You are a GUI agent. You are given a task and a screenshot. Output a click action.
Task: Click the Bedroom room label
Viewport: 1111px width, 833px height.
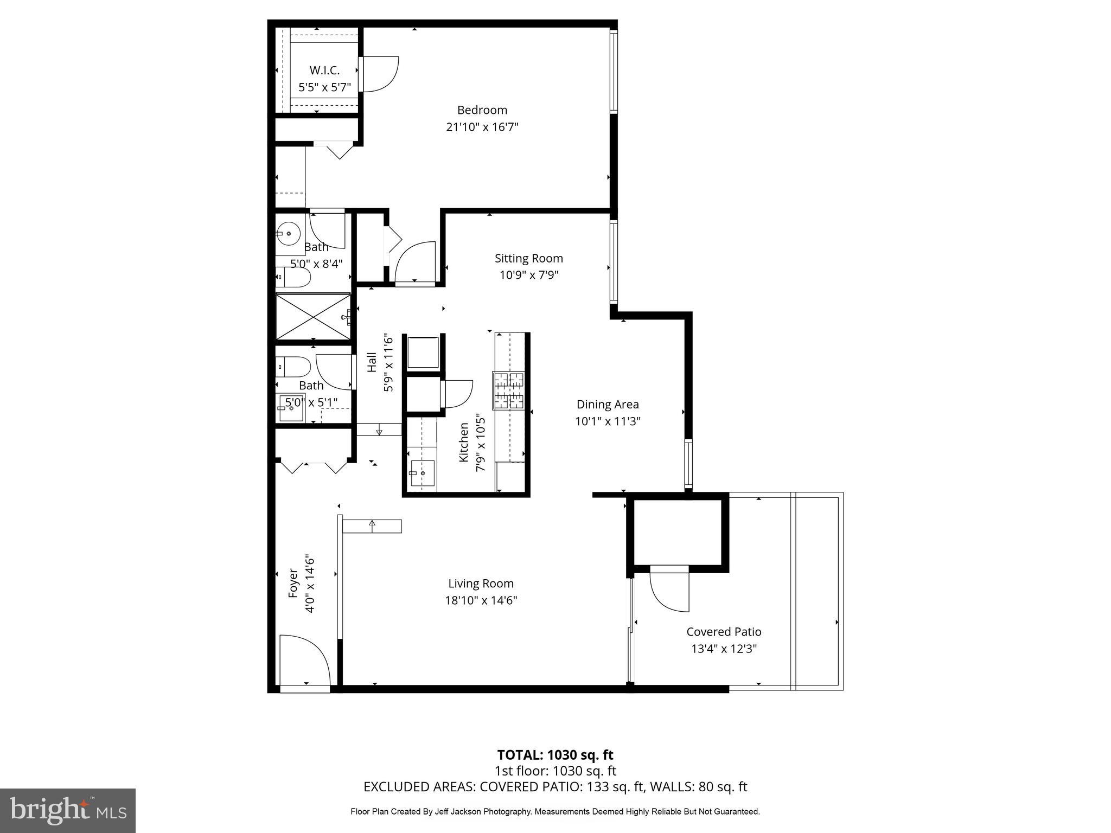pos(482,110)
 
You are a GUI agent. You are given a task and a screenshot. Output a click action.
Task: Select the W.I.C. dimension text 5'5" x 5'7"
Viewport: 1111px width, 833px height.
pos(324,87)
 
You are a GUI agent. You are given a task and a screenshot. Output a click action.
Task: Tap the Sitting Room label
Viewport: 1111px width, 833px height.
pos(528,258)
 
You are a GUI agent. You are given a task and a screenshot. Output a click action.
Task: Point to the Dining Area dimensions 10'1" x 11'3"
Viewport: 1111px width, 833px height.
pos(608,421)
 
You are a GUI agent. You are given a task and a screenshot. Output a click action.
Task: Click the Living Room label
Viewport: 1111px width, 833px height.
pos(481,584)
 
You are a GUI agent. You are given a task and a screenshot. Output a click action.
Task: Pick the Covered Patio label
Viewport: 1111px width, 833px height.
pos(724,631)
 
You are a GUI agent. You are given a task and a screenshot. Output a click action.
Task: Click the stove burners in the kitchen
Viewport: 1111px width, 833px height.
pos(508,390)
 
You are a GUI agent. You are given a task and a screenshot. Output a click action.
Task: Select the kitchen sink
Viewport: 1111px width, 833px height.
pos(422,473)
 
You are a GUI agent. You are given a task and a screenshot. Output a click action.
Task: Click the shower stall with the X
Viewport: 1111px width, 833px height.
pos(313,317)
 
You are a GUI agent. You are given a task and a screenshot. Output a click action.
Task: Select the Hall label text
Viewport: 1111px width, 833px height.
pos(372,362)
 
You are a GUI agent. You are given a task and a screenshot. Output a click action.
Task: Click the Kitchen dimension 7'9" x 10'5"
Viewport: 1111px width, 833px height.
pos(480,443)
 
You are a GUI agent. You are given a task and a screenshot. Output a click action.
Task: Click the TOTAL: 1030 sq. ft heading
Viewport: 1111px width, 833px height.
pos(555,755)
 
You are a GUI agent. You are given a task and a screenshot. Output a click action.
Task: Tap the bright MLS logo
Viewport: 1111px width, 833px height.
pos(67,810)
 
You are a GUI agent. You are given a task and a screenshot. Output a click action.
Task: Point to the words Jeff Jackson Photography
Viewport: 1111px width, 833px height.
pos(485,812)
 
